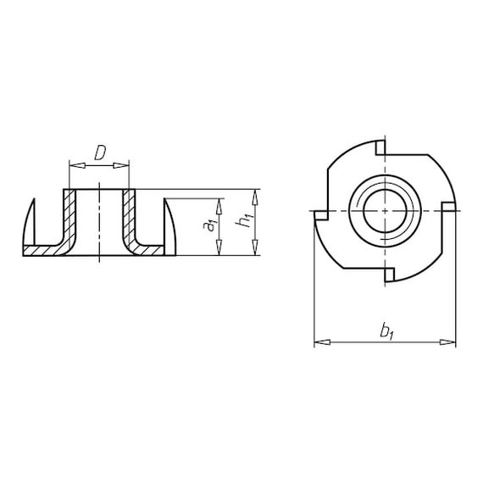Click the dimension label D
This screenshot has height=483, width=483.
(x=100, y=153)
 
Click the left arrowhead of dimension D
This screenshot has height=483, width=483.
(x=77, y=166)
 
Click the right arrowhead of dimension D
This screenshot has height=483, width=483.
(x=121, y=166)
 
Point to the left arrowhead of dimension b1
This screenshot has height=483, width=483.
(x=322, y=342)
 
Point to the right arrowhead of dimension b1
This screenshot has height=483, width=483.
(x=447, y=342)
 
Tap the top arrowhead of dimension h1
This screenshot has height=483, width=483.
(x=255, y=197)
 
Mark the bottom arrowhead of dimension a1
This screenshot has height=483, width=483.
(x=219, y=247)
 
